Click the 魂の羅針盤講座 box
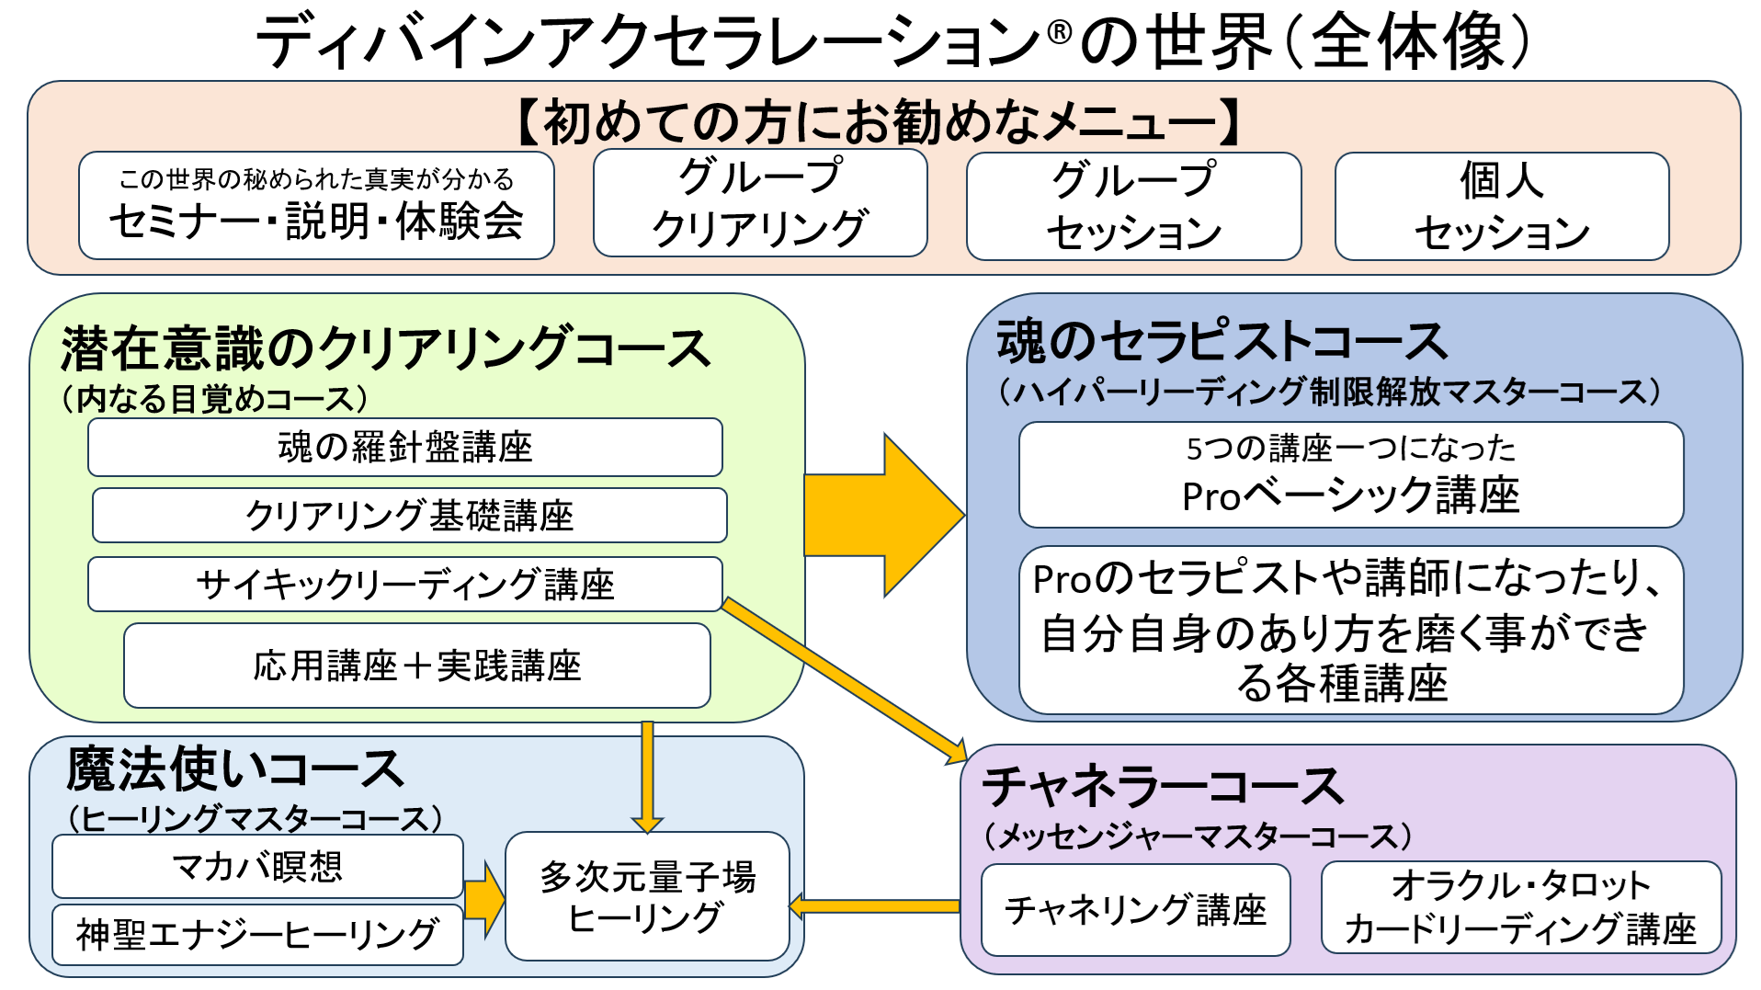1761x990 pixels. [405, 448]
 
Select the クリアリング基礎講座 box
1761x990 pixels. [410, 516]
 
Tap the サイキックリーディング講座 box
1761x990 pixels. [405, 585]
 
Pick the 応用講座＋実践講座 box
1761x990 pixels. [417, 666]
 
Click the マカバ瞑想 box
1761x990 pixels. [257, 866]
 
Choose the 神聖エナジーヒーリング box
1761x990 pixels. [257, 935]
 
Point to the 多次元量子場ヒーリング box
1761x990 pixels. [647, 896]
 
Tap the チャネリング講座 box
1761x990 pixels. [1135, 910]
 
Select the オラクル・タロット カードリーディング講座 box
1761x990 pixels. [1520, 907]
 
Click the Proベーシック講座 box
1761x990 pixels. [1351, 475]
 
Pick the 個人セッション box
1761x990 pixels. [1502, 207]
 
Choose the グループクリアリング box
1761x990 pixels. [760, 204]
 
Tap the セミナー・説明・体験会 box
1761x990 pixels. [316, 206]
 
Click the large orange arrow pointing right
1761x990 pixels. [882, 516]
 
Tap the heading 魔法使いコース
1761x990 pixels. [235, 770]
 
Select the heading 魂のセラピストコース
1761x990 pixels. [1222, 342]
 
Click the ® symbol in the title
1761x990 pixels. [1059, 33]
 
